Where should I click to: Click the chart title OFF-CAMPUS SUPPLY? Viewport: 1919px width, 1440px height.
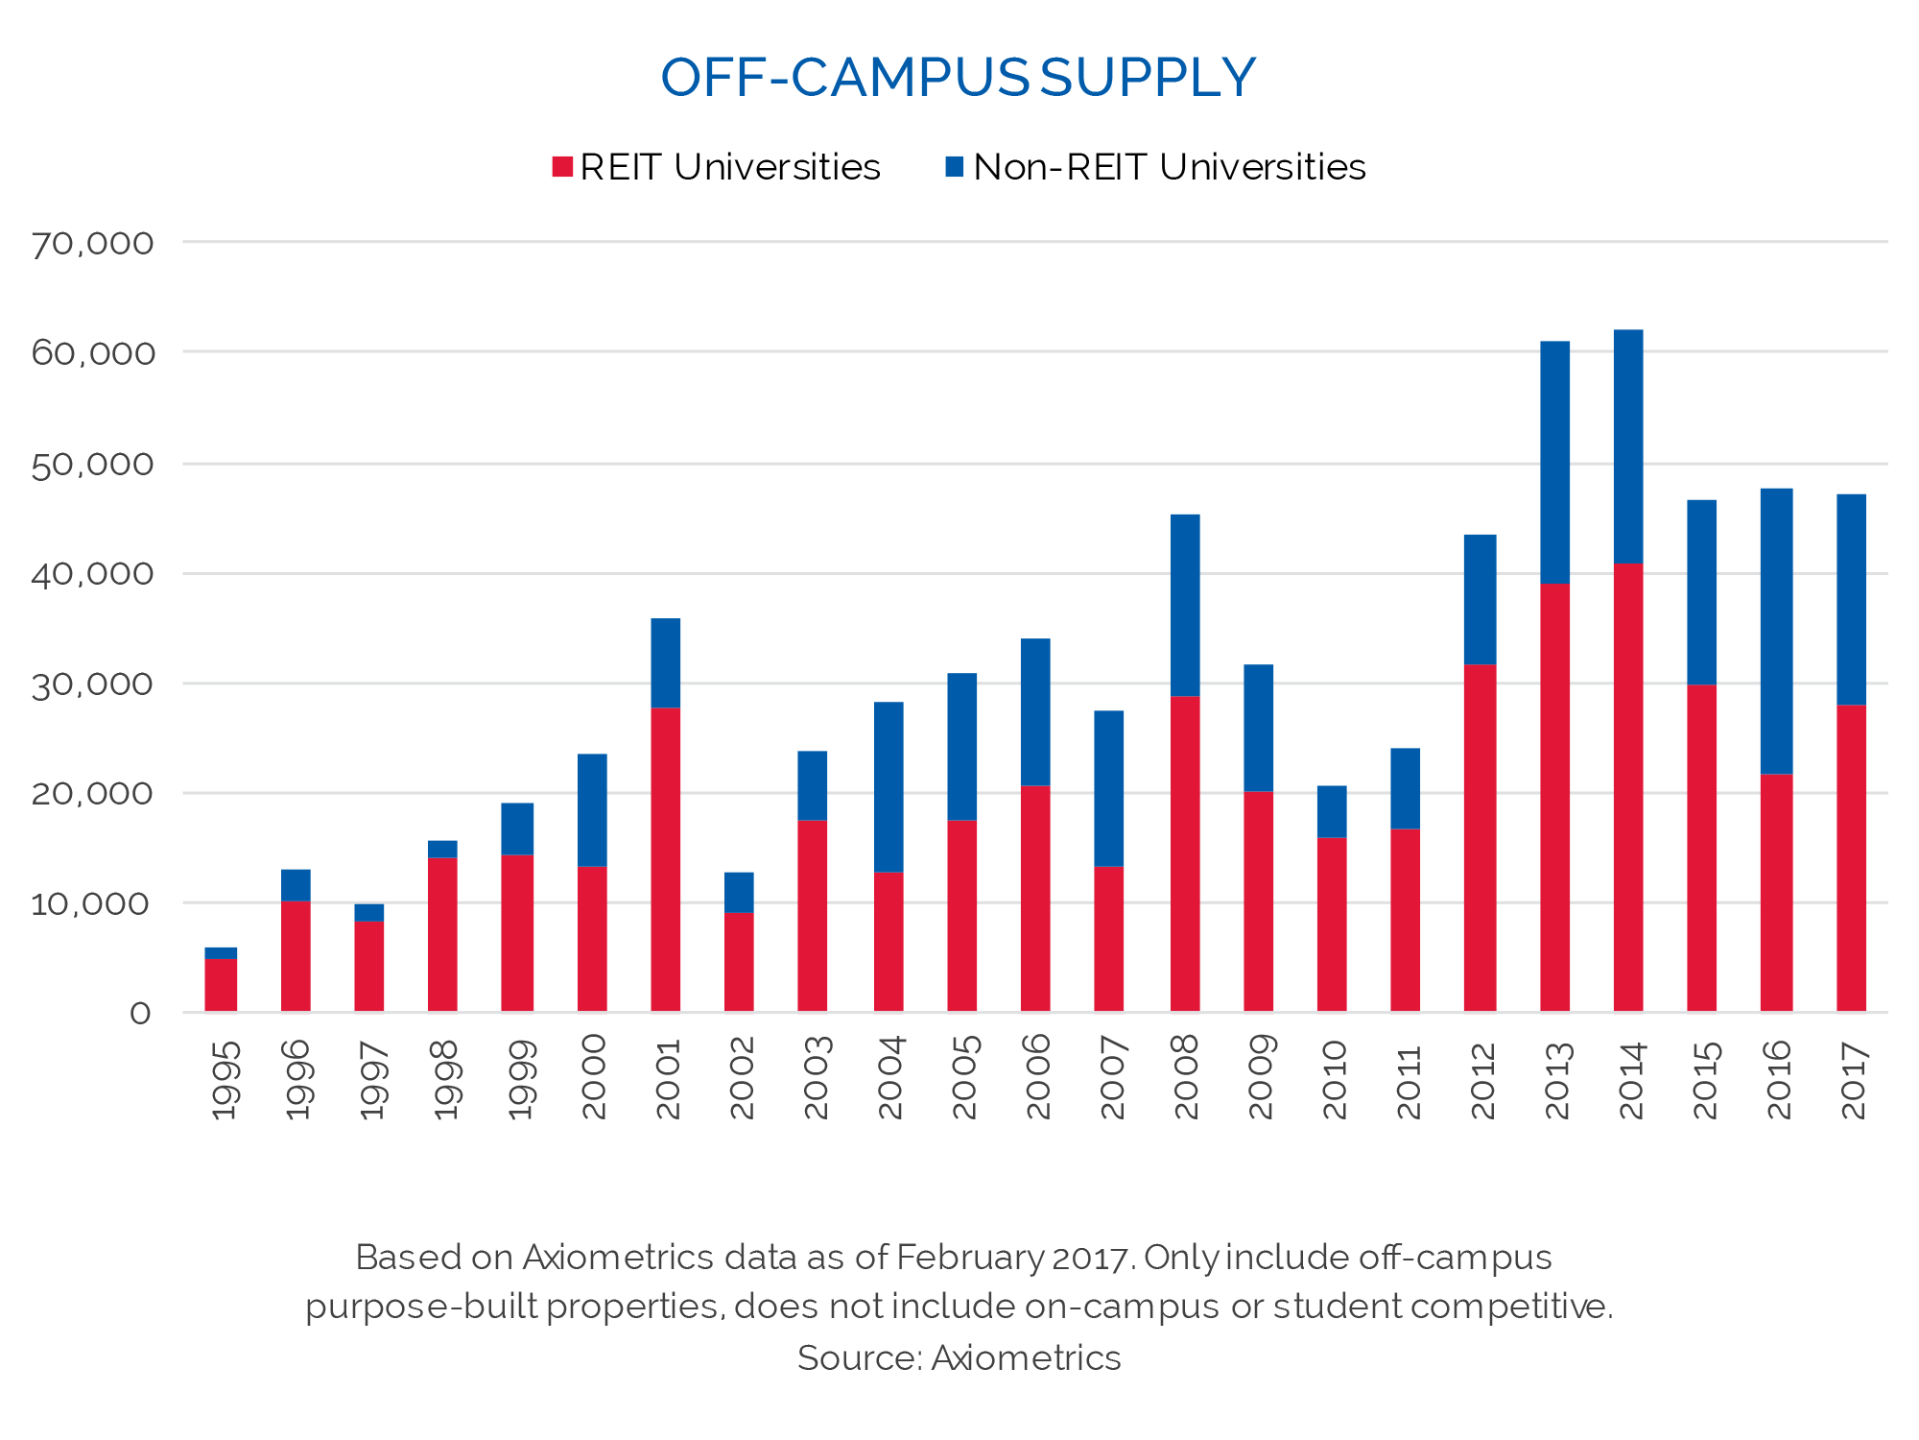958,78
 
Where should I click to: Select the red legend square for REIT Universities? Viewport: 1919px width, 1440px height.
562,167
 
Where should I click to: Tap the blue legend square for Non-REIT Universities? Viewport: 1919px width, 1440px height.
954,167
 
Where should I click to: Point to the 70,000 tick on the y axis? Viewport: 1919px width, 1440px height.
92,244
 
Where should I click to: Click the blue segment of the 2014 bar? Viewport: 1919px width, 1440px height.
1628,446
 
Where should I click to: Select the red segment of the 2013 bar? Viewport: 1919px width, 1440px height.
1554,797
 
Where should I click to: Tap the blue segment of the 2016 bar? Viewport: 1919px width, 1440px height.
1776,631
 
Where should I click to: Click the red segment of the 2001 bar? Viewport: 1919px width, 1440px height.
665,859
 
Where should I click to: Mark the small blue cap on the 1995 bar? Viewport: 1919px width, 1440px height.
221,953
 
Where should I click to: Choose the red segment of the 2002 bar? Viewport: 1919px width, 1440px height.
739,962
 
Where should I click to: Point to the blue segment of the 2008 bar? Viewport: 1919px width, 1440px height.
1185,605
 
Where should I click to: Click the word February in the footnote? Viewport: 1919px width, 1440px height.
969,1258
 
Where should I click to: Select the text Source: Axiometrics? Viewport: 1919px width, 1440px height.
959,1358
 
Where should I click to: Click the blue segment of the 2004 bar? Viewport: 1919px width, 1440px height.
888,787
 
